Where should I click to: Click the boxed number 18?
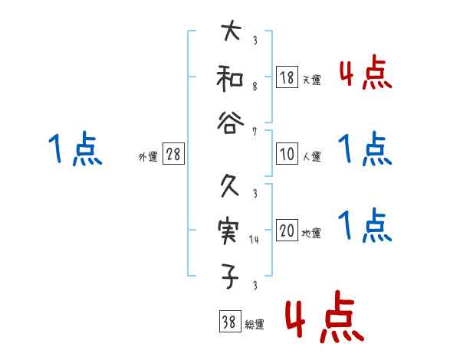coord(287,77)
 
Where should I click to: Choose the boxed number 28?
coord(173,155)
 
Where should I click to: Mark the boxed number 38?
coord(228,322)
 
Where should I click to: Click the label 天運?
coord(311,80)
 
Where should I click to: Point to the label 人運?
coord(311,157)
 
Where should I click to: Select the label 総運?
coord(254,325)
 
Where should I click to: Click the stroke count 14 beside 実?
coord(254,241)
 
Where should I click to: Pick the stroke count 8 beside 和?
coord(254,87)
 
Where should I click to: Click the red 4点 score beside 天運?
coord(365,74)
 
